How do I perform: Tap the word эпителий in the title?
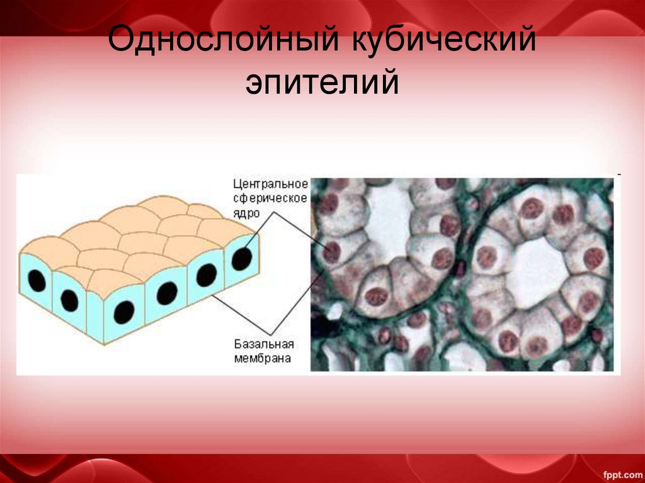click(x=322, y=83)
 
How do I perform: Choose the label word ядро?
click(x=247, y=212)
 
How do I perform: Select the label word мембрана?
click(x=263, y=358)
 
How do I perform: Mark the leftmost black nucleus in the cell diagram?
click(x=37, y=281)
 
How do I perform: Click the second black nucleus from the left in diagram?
click(x=69, y=301)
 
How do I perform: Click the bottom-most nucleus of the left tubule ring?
click(x=376, y=296)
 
